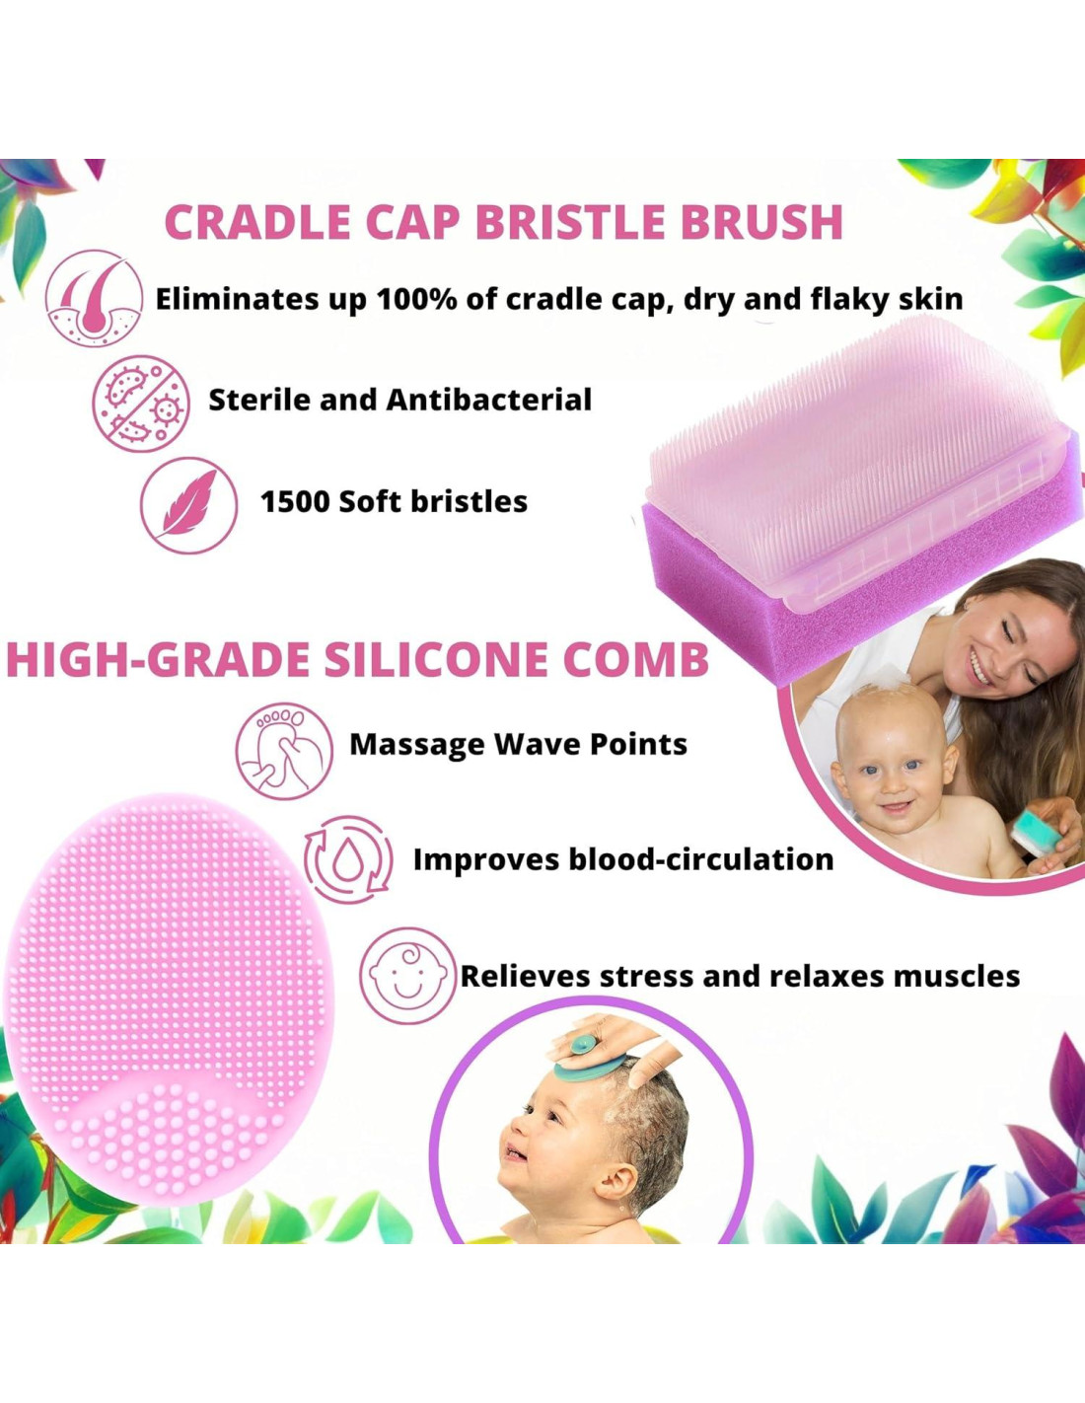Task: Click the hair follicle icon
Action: (x=95, y=299)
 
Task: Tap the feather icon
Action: (x=189, y=505)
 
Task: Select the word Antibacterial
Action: (x=488, y=401)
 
